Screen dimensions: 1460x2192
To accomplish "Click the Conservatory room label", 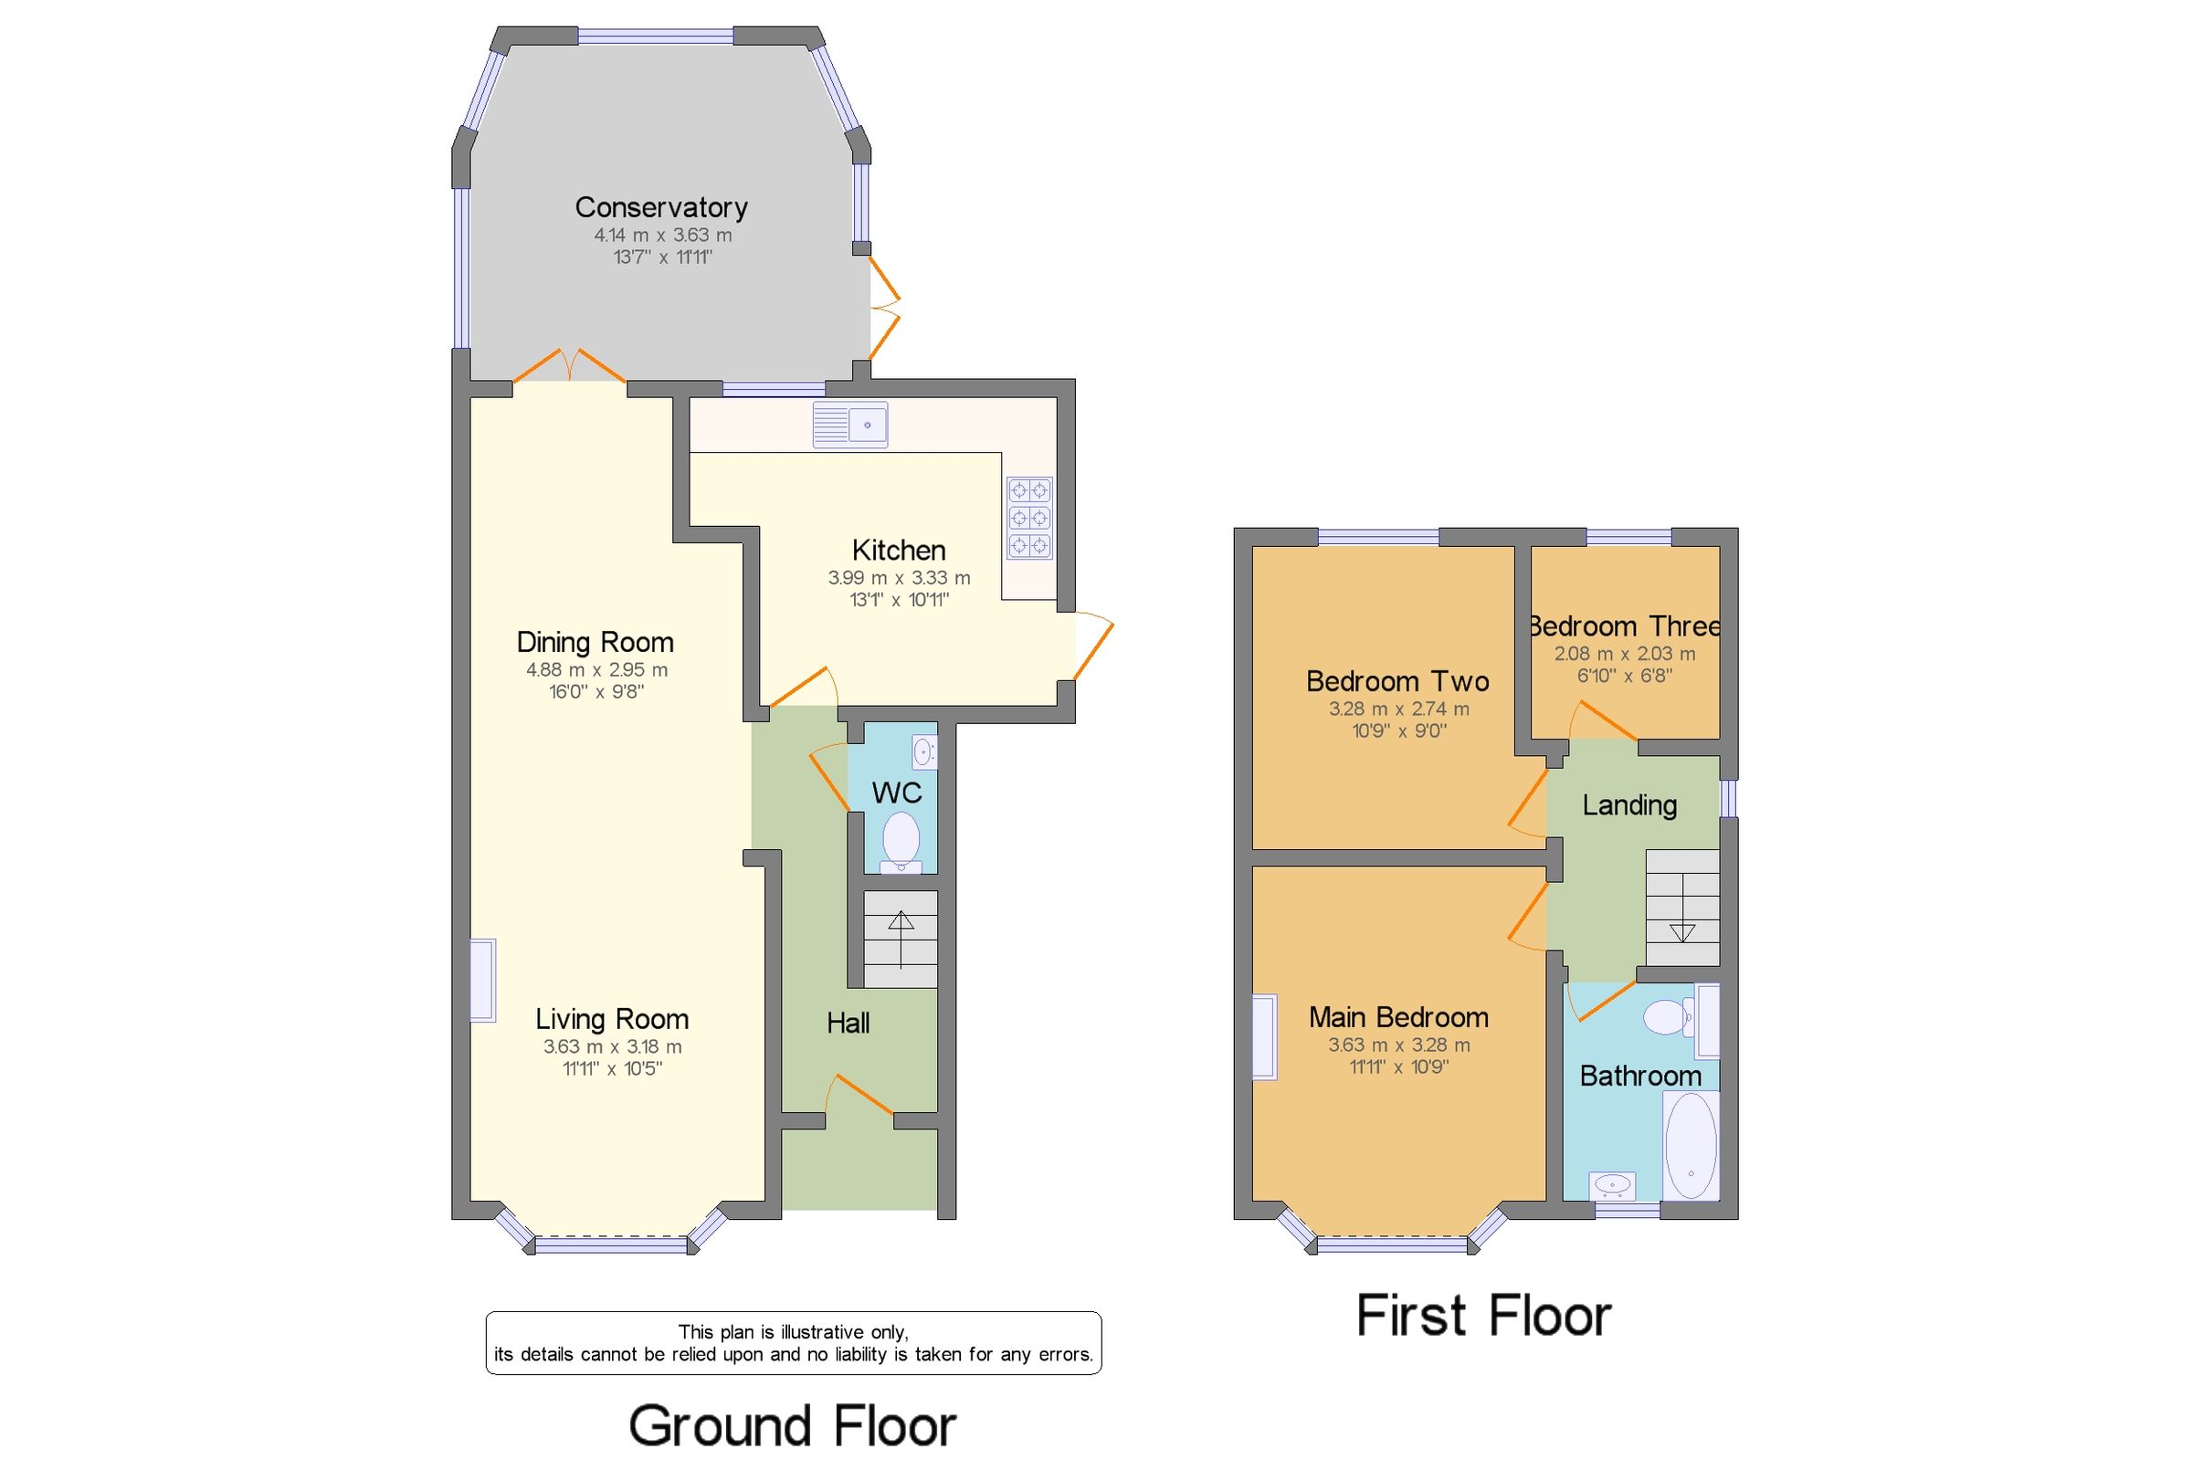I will coord(660,206).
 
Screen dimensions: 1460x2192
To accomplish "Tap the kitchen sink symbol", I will coord(849,425).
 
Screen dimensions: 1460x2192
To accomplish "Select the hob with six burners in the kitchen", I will coord(1029,518).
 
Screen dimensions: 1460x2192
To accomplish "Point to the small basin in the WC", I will coord(923,751).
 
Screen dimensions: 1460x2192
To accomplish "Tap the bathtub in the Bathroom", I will coord(1690,1144).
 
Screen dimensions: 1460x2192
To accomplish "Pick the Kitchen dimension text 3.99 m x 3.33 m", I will coord(899,577).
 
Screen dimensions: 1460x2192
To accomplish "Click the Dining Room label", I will coord(595,642).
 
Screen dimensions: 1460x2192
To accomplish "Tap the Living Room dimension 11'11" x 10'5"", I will coord(612,1068).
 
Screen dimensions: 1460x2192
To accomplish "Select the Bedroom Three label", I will coord(1624,625).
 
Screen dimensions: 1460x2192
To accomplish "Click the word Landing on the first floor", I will coord(1629,804).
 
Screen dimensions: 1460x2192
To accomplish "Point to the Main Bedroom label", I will coord(1397,1017).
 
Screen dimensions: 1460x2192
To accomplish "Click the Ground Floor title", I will coord(793,1425).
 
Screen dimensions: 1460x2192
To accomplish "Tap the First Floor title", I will coord(1483,1316).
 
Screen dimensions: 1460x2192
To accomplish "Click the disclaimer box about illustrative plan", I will coord(794,1343).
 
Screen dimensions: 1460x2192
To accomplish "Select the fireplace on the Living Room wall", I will coord(482,981).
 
